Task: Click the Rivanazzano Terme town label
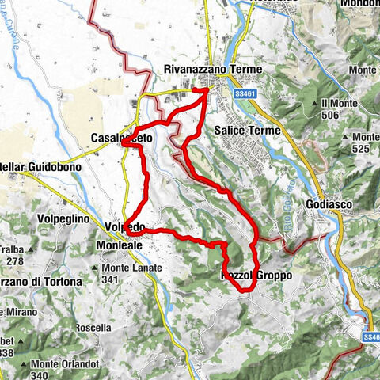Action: [x=211, y=70]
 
